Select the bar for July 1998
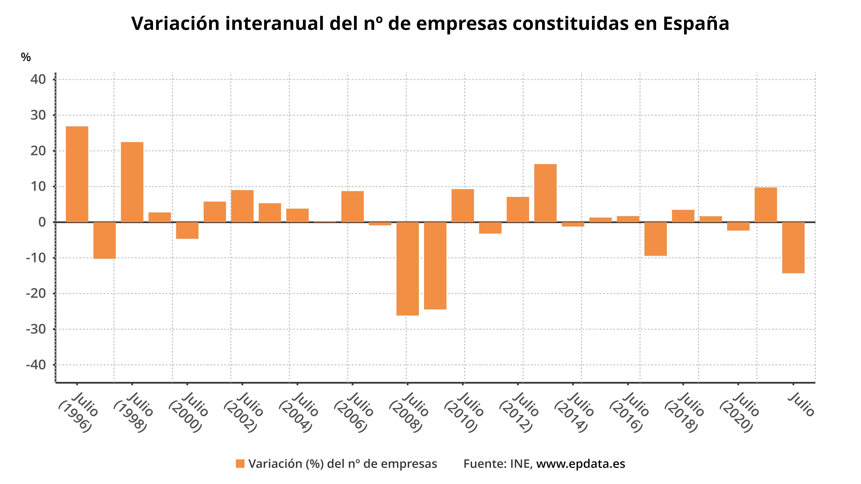click(132, 182)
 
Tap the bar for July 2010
click(463, 206)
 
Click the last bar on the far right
click(793, 247)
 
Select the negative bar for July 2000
click(187, 230)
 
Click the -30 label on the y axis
click(36, 329)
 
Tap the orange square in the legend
click(240, 464)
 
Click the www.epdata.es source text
click(580, 464)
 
